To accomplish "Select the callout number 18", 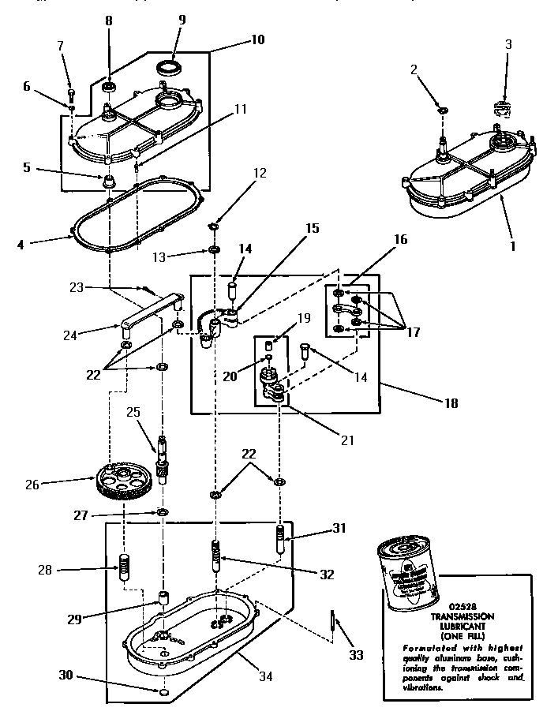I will pyautogui.click(x=451, y=402).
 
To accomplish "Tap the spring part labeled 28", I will pyautogui.click(x=123, y=567).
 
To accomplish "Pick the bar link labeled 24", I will pyautogui.click(x=150, y=313).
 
